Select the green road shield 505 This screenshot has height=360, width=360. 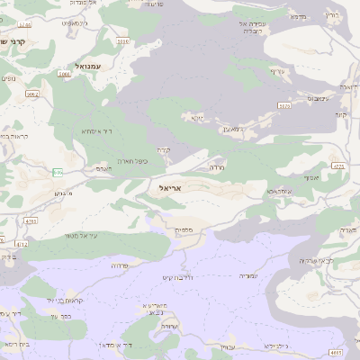click(x=284, y=106)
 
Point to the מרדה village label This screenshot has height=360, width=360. click(x=216, y=167)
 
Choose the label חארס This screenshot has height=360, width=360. click(x=103, y=168)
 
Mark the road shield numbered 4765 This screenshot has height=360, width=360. click(x=31, y=219)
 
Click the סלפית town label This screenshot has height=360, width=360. click(x=181, y=231)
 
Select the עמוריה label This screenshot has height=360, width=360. click(x=246, y=276)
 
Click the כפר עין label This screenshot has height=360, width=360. click(x=62, y=317)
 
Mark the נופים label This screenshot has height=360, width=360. click(x=8, y=79)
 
